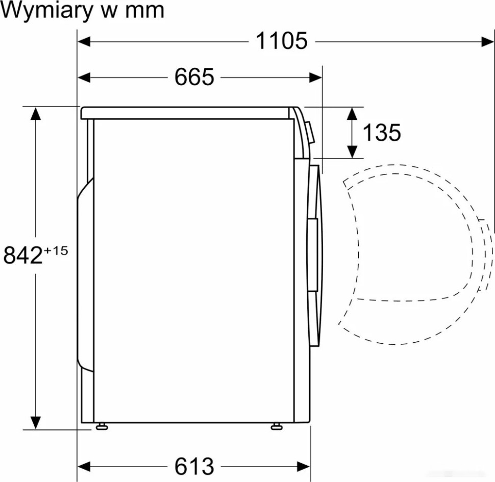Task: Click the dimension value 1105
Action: (x=281, y=41)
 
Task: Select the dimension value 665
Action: (x=194, y=77)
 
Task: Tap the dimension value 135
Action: (x=381, y=133)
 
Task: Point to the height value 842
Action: (x=22, y=256)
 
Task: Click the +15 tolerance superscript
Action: (x=56, y=250)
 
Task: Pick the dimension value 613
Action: (x=194, y=466)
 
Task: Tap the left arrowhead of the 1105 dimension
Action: (x=84, y=41)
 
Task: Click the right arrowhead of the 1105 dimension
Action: (x=487, y=41)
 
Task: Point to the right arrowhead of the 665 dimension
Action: (x=316, y=78)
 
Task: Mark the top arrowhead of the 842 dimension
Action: (x=35, y=113)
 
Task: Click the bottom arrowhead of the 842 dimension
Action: (x=35, y=422)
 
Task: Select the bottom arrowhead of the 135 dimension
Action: (x=352, y=151)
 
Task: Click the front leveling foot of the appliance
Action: (x=277, y=426)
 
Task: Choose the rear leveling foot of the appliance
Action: (x=100, y=426)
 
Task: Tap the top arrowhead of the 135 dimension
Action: (x=352, y=114)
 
